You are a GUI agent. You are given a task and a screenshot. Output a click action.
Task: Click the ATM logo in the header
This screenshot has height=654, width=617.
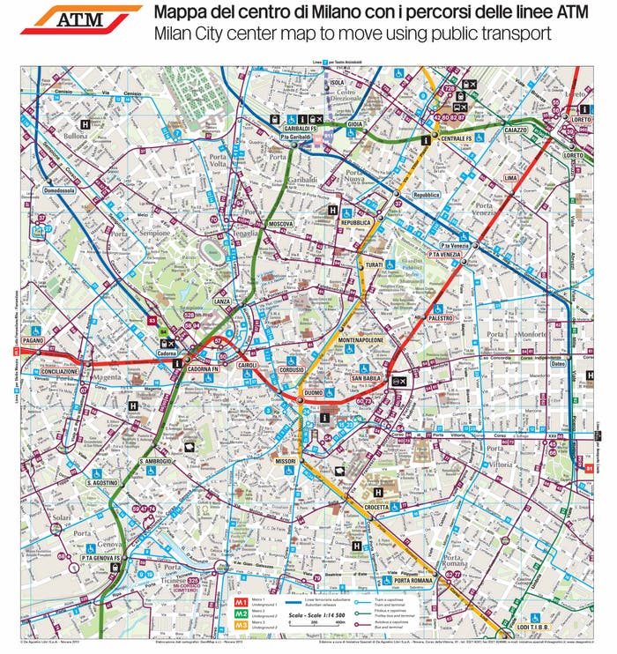pyautogui.click(x=80, y=19)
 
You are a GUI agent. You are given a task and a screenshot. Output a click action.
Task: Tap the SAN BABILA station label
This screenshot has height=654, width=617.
pyautogui.click(x=365, y=378)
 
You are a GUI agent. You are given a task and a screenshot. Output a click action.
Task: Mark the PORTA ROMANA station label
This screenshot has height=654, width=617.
pyautogui.click(x=414, y=580)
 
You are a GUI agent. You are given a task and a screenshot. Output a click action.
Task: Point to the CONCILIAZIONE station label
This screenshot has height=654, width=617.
pyautogui.click(x=60, y=372)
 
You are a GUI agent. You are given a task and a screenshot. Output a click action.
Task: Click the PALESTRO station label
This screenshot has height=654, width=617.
pyautogui.click(x=441, y=317)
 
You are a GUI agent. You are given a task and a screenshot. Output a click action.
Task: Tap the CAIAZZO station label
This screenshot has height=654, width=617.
pyautogui.click(x=516, y=130)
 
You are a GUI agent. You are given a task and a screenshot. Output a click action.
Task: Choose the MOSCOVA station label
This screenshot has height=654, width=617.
pyautogui.click(x=280, y=224)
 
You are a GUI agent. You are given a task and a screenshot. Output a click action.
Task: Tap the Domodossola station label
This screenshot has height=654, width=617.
pyautogui.click(x=59, y=190)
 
